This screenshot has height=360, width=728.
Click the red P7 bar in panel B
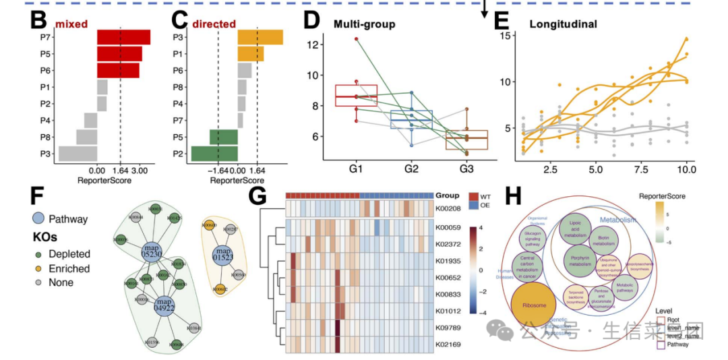123,37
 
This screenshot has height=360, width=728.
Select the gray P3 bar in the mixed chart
78,153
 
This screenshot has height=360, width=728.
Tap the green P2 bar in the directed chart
214,153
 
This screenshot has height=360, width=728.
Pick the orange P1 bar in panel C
250,54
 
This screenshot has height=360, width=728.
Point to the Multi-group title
365,25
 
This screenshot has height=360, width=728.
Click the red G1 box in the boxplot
356,96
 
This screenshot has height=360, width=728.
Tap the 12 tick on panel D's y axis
311,45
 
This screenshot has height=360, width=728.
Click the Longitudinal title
563,25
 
